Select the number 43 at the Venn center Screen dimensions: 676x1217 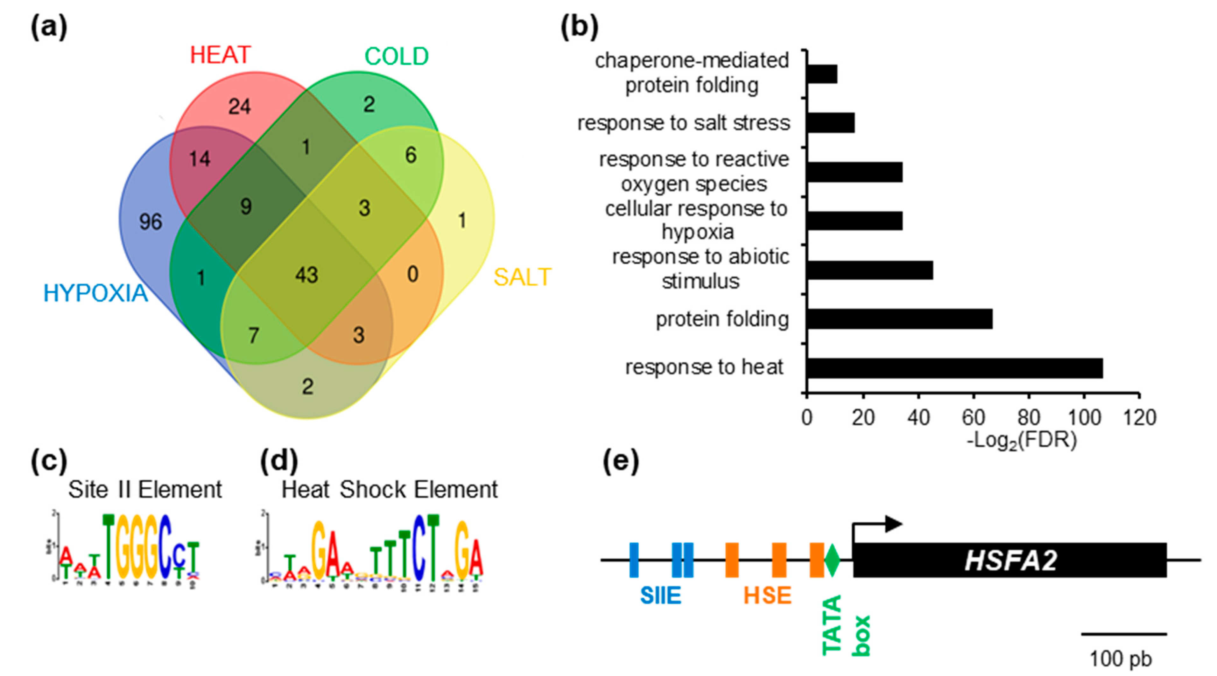point(306,275)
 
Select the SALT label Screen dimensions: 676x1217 point(522,277)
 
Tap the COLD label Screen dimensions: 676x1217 point(396,57)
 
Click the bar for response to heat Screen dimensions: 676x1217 point(954,368)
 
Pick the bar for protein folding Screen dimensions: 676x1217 point(899,319)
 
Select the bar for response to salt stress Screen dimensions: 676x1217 point(831,123)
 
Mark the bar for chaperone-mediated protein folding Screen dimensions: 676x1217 point(822,74)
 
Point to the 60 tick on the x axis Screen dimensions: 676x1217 point(973,418)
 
